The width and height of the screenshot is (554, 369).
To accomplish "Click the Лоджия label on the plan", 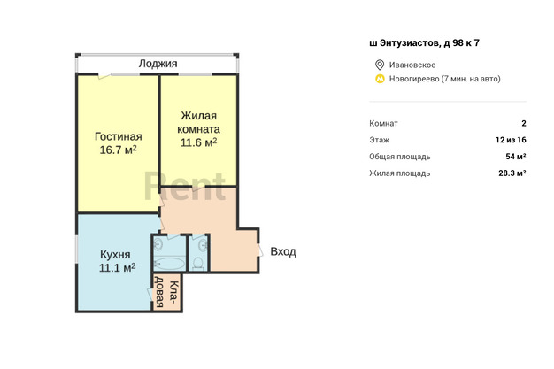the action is (158, 64).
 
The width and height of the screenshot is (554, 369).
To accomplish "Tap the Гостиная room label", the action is (119, 136).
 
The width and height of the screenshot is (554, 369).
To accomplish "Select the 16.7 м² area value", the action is (118, 150).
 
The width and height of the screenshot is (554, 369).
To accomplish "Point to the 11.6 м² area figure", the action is (198, 142).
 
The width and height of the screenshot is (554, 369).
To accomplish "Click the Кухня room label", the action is (115, 255).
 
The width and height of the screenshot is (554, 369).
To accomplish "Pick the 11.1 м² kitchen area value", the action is (117, 267).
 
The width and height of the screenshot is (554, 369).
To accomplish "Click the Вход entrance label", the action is (283, 251).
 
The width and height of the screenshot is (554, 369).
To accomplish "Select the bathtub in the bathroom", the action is (170, 264).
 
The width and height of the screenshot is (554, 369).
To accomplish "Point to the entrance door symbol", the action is (261, 250).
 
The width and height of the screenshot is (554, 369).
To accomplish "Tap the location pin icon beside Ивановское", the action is (380, 65).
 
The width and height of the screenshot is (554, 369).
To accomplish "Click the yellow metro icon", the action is (380, 79).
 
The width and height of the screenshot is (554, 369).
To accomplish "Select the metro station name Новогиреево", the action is (414, 79).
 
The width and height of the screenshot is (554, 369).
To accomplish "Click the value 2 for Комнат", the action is (524, 123).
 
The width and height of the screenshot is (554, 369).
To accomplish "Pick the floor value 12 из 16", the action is (511, 140).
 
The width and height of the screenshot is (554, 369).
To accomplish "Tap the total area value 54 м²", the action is (515, 157).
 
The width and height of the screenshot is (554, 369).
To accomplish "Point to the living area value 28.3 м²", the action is (512, 173).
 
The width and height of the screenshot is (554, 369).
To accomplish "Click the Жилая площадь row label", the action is (400, 173).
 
